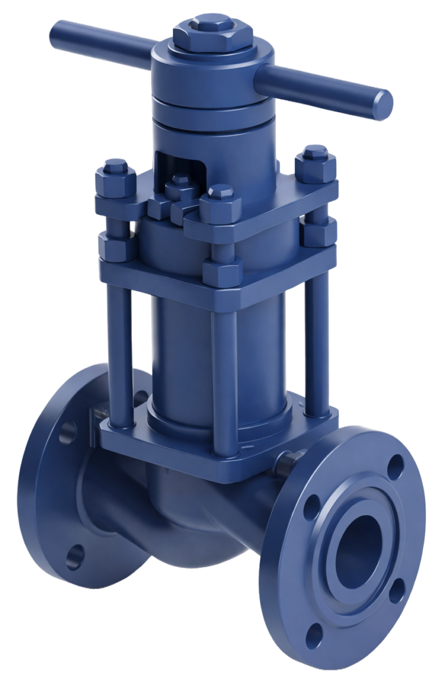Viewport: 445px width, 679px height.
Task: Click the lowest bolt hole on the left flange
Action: (78, 552)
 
